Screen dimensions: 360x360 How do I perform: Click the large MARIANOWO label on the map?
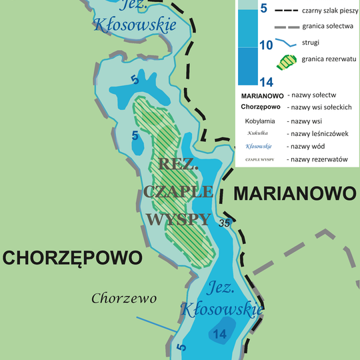tap(294, 194)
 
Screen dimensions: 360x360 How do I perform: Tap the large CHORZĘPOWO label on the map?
tap(73, 258)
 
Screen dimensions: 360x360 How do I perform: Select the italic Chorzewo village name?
tap(124, 298)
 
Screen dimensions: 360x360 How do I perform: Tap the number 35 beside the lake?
tap(225, 223)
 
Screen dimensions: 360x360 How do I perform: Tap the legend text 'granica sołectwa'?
tap(321, 27)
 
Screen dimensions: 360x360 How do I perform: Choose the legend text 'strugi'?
tap(311, 43)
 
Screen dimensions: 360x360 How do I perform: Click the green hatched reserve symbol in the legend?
tap(285, 61)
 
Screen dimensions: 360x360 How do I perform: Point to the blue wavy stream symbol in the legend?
tap(285, 43)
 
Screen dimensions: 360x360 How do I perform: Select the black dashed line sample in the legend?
tap(285, 11)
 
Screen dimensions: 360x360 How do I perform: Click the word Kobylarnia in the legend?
tap(261, 122)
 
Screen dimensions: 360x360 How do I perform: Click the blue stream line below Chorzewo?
tap(157, 325)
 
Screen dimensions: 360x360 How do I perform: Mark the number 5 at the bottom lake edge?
tap(182, 347)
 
